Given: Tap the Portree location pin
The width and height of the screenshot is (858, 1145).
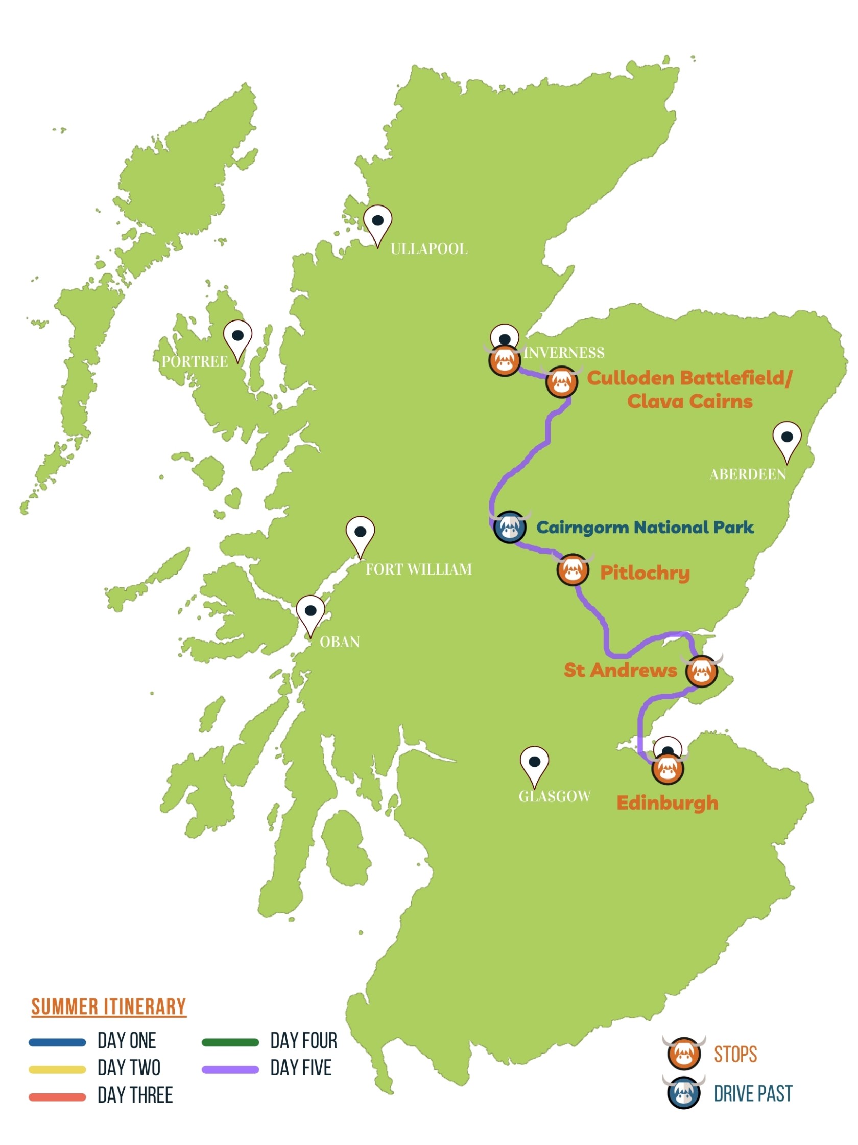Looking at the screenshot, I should (x=237, y=337).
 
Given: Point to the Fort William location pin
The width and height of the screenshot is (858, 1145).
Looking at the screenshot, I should (x=360, y=534).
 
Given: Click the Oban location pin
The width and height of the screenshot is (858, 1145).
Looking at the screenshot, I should (x=311, y=613).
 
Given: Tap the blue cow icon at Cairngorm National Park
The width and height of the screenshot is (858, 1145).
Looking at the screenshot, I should (x=510, y=528).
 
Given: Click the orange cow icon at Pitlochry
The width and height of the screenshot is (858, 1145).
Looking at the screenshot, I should (x=573, y=570).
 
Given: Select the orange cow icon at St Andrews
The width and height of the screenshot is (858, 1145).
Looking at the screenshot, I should (x=701, y=671).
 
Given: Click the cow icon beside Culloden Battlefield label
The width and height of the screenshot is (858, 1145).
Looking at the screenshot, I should (x=561, y=382).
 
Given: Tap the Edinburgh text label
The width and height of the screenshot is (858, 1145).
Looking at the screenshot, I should (x=667, y=803).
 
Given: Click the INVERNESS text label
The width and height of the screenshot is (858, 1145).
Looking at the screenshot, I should (x=564, y=353).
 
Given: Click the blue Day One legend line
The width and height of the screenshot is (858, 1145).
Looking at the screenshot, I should (x=57, y=1042).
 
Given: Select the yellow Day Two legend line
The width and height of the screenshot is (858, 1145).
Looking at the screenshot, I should (x=57, y=1069).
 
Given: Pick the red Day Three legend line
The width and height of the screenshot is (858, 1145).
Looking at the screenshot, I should (x=57, y=1097).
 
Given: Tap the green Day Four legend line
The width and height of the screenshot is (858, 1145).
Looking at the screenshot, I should (x=230, y=1042).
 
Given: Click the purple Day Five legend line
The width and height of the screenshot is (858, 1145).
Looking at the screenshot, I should (x=230, y=1069).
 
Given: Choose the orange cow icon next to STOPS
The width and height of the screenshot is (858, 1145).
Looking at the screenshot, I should (x=684, y=1054).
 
